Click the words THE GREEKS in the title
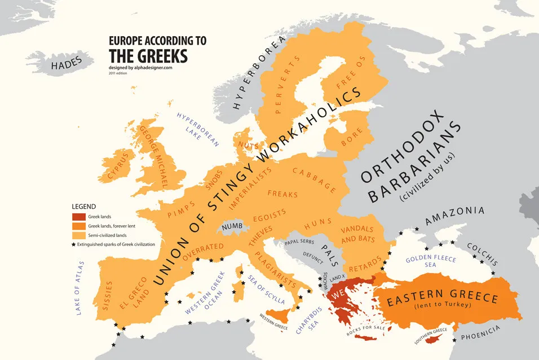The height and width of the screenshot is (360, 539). tap(148, 56)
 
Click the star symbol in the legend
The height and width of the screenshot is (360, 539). tap(73, 244)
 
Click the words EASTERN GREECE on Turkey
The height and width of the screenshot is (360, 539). tap(442, 297)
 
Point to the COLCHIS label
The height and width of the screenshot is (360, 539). tap(482, 254)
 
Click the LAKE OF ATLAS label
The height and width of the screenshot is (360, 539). tap(80, 288)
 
